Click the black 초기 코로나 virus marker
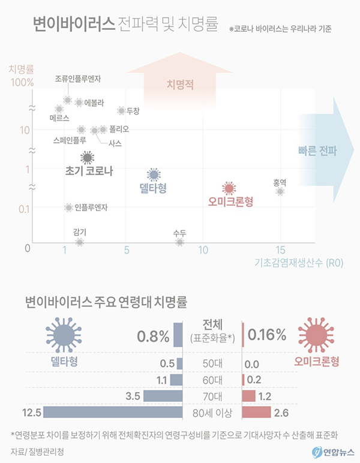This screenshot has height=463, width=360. click(x=88, y=158)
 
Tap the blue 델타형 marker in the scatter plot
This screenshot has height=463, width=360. click(x=154, y=175)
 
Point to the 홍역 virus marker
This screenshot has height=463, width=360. click(x=280, y=191)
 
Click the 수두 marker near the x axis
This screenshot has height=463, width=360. click(x=179, y=242)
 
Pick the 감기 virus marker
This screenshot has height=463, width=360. click(x=79, y=242)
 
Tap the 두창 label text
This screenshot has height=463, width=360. click(x=133, y=111)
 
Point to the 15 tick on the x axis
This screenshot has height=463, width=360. click(x=280, y=249)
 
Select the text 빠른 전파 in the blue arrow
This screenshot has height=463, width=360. click(x=317, y=151)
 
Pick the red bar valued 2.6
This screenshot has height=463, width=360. click(x=256, y=412)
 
